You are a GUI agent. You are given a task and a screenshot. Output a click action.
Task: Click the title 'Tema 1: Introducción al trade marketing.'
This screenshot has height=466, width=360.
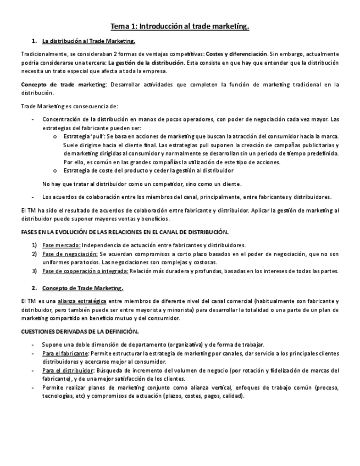pos(180,26)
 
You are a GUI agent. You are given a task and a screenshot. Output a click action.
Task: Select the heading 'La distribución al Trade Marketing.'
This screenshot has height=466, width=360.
pos(88,41)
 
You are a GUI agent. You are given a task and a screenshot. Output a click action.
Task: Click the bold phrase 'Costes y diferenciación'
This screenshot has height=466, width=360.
pos(236,54)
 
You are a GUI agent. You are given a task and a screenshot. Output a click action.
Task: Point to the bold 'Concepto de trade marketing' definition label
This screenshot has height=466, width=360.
pos(64,84)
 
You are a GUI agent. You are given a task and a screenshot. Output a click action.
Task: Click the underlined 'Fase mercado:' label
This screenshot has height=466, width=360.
pos(62,245)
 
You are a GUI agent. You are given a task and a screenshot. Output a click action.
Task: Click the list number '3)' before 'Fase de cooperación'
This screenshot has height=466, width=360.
pos(34,271)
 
